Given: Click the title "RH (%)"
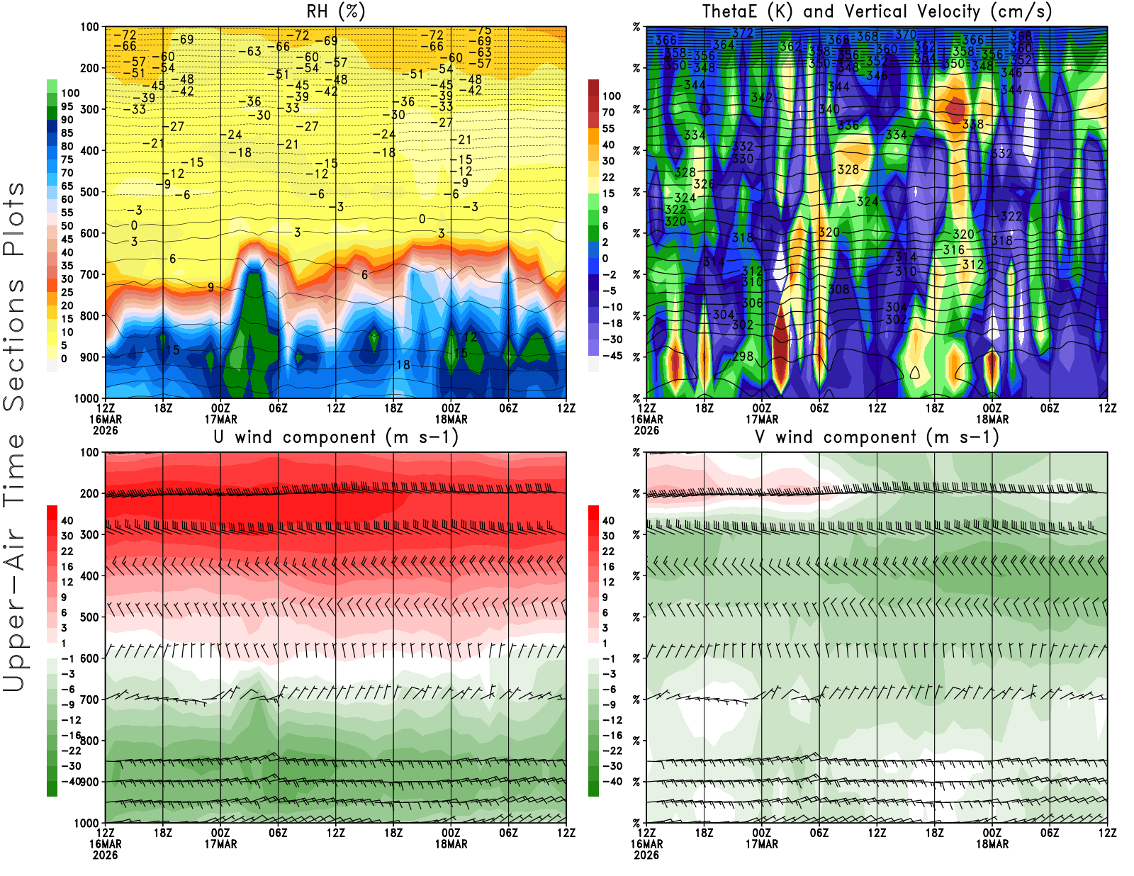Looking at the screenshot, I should click(x=335, y=12).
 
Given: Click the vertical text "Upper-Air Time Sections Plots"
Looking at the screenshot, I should click(x=14, y=436).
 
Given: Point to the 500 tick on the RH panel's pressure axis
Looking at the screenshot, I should click(x=89, y=192).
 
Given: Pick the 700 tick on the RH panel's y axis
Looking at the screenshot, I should click(x=89, y=274).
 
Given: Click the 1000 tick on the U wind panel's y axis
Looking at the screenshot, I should click(x=86, y=823).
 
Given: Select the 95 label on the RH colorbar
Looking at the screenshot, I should click(x=67, y=106).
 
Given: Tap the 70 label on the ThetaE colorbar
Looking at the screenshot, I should click(x=608, y=112).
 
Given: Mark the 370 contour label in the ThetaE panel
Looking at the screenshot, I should click(x=905, y=34).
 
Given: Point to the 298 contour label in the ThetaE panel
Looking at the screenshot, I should click(x=742, y=356).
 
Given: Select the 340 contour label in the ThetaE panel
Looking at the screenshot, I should click(x=829, y=109).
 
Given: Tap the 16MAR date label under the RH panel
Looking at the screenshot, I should click(x=106, y=419).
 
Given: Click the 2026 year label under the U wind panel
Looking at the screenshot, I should click(x=106, y=855).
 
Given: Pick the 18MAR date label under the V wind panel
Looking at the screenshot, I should click(x=992, y=844).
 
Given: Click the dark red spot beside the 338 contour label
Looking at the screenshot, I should click(x=955, y=110).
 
